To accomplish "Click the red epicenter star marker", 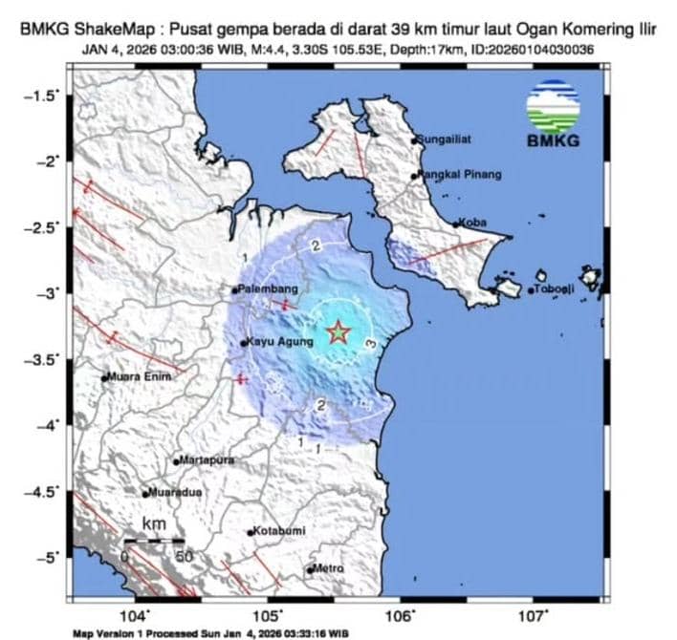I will point(338,332).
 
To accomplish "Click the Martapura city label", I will point(207,460).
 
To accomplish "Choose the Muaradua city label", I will point(175,494).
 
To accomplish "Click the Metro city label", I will point(328,569).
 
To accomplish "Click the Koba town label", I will point(472,223).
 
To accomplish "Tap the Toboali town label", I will point(555,289).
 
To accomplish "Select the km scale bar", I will point(154,542).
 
